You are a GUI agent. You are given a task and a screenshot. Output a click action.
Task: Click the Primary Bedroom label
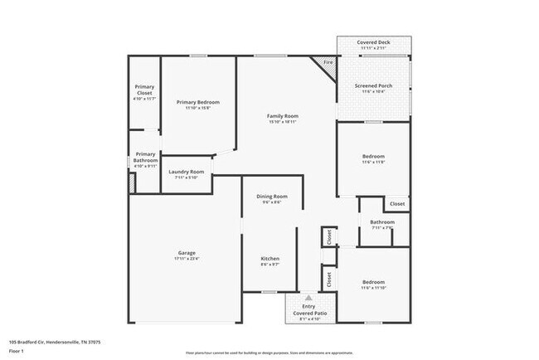click(197, 102)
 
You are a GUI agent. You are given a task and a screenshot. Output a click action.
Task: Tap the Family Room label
click(282, 115)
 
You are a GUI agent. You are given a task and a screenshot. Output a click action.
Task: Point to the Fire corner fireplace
click(327, 63)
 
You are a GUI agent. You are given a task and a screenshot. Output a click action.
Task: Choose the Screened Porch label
click(375, 85)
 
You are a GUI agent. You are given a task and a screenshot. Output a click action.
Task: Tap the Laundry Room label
click(186, 172)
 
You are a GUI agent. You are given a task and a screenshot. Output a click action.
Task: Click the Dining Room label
click(271, 196)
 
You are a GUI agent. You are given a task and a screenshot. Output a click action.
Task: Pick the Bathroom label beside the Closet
click(381, 221)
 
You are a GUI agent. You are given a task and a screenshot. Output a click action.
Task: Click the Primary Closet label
click(144, 90)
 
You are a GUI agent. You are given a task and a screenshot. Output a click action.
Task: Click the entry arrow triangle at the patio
click(308, 296)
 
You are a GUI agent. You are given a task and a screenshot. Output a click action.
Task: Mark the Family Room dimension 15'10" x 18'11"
click(282, 122)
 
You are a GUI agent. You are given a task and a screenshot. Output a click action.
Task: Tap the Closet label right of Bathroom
click(397, 203)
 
